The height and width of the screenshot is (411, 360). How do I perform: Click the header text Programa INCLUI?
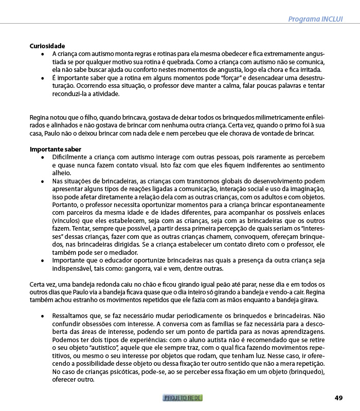pyautogui.click(x=315, y=20)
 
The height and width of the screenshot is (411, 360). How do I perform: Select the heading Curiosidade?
pyautogui.click(x=47, y=46)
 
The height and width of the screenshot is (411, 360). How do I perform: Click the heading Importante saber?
pyautogui.click(x=55, y=149)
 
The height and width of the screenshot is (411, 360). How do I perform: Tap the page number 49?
pyautogui.click(x=338, y=398)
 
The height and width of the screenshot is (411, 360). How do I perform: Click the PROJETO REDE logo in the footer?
pyautogui.click(x=183, y=398)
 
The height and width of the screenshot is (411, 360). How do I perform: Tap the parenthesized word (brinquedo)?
pyautogui.click(x=304, y=372)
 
